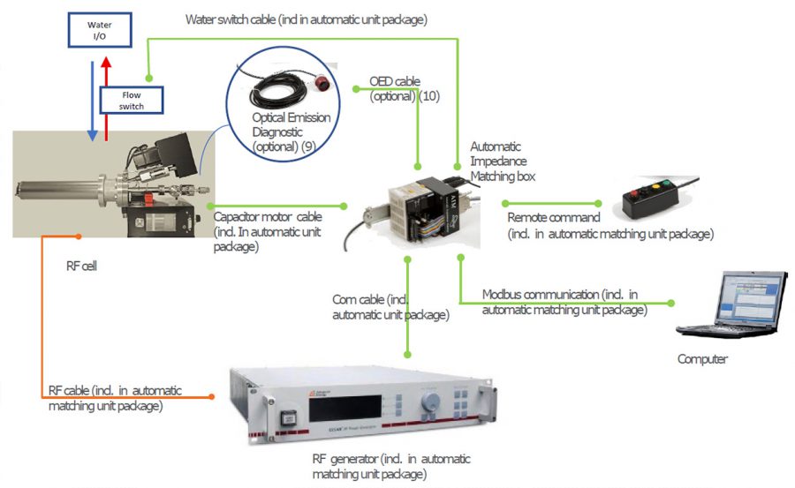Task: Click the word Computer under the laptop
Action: [x=702, y=359]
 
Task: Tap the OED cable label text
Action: [x=394, y=82]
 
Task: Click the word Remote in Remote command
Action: [x=529, y=217]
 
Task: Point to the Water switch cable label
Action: [x=307, y=19]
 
